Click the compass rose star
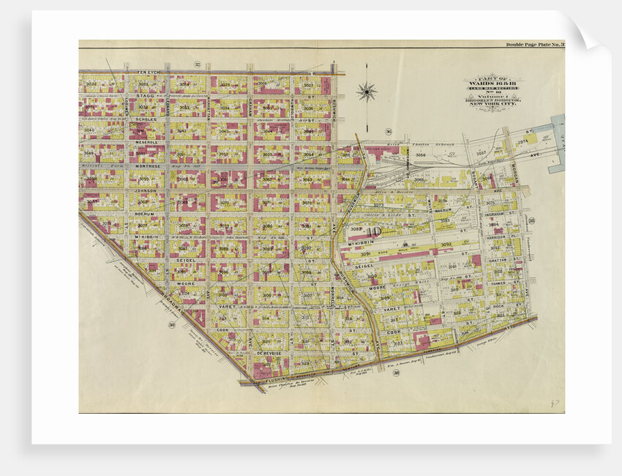click(367, 92)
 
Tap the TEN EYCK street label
click(149, 72)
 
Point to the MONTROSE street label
click(149, 166)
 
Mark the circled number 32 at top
click(197, 64)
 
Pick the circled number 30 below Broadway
click(171, 325)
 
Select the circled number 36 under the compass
click(388, 132)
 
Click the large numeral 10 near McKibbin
click(379, 234)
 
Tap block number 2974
click(522, 142)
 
